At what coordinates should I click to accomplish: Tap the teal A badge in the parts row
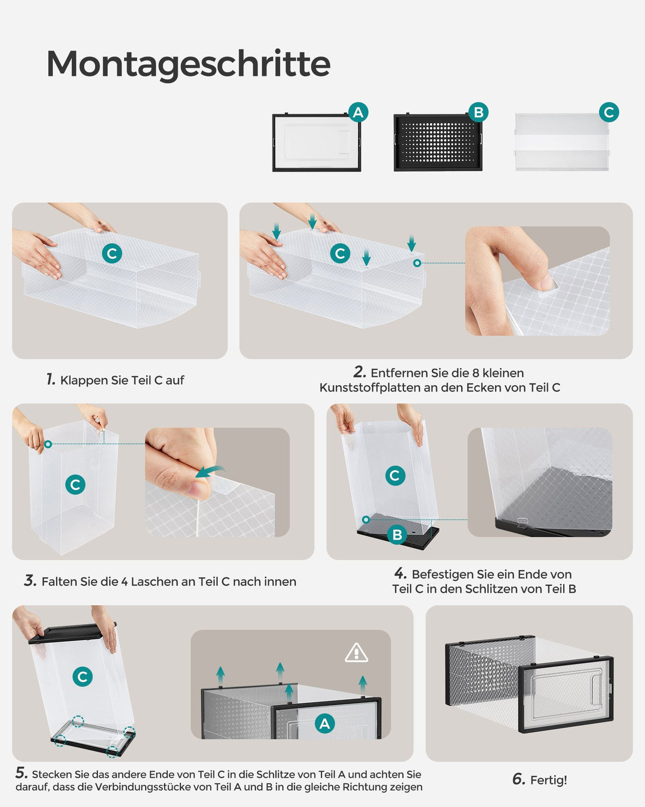click(x=359, y=112)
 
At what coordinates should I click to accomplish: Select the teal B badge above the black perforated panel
click(x=478, y=112)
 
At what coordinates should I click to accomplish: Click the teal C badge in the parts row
click(x=608, y=112)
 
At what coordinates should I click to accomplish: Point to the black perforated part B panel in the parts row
click(x=438, y=143)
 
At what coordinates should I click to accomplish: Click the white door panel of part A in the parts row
click(x=317, y=143)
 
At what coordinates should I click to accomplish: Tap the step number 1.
click(x=51, y=379)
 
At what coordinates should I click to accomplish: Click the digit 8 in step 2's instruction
click(x=476, y=373)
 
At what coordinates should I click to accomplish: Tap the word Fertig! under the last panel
click(x=548, y=781)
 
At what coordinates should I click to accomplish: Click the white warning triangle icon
click(x=356, y=653)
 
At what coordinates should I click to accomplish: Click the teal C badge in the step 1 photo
click(x=112, y=253)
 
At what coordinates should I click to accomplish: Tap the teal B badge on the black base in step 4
click(x=397, y=535)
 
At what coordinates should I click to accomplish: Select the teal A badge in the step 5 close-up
click(x=325, y=724)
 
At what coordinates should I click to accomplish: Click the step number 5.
click(x=21, y=773)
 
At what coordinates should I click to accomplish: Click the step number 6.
click(x=519, y=779)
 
